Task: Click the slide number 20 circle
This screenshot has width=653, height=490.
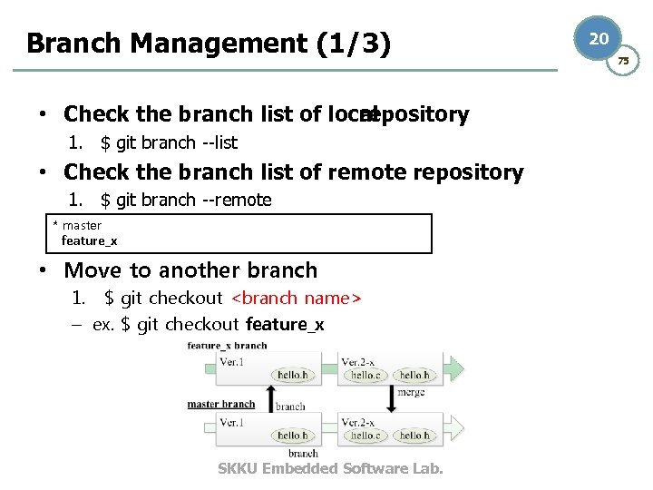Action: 599,39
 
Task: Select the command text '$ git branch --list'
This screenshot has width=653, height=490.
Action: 170,142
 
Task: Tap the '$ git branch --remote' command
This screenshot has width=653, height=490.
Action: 186,200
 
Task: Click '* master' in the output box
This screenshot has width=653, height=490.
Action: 78,225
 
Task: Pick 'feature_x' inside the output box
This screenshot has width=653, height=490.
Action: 89,240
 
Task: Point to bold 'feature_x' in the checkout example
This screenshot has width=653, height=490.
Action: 284,324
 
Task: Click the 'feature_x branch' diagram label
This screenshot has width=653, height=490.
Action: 227,346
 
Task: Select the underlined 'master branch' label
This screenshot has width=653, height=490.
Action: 221,404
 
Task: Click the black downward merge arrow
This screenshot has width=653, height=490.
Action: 392,397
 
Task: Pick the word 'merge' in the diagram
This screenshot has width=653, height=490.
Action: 411,392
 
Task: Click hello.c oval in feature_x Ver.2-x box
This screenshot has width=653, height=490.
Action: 365,375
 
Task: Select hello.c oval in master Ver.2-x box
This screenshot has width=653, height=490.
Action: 365,436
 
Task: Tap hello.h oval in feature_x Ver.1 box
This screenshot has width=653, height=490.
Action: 293,375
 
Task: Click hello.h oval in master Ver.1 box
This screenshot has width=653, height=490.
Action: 293,436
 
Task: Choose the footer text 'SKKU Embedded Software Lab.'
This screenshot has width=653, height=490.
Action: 330,468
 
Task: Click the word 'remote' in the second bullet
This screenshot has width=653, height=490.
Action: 366,172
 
